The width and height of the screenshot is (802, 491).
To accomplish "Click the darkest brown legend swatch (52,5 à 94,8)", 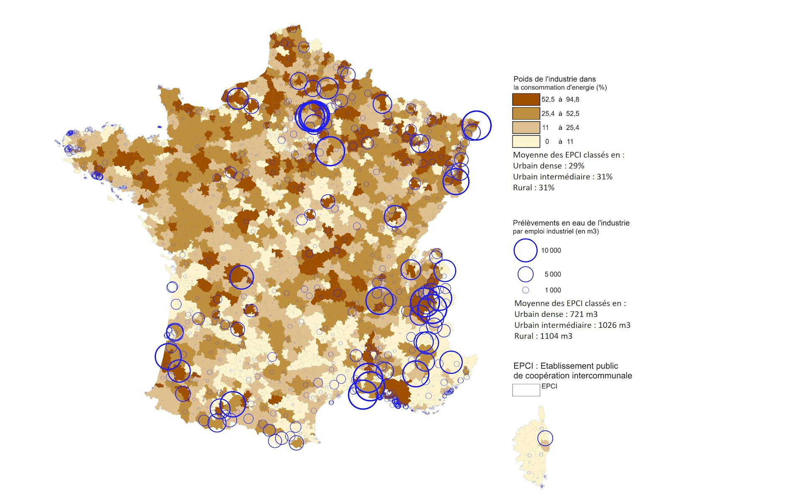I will [526, 99].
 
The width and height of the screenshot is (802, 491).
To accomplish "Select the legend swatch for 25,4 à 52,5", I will [526, 114].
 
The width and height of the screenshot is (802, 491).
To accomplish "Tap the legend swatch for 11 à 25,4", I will [526, 127].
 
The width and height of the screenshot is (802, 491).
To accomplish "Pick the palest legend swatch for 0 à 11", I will [526, 142].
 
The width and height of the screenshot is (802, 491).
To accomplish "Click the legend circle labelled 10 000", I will [525, 251].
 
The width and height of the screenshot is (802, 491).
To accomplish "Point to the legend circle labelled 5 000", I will [525, 274].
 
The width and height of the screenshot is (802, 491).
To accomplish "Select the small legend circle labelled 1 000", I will [525, 290].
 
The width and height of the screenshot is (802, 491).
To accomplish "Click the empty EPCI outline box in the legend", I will [526, 390].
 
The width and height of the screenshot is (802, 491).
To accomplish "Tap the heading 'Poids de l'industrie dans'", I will [554, 79].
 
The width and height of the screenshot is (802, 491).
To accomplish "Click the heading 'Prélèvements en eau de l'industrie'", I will [571, 223].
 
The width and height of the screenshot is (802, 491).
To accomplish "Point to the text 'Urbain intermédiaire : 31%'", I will [562, 177].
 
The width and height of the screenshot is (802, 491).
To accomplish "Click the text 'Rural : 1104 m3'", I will [543, 336].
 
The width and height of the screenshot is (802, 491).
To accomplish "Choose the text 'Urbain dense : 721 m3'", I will [556, 314].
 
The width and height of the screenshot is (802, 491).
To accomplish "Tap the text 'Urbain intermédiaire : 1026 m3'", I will [572, 325].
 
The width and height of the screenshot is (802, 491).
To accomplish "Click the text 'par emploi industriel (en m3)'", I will [556, 231].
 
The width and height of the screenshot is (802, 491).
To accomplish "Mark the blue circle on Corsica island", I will [545, 438].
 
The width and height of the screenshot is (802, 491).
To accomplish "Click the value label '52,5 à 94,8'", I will [560, 99].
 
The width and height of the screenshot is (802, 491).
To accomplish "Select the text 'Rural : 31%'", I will [533, 188].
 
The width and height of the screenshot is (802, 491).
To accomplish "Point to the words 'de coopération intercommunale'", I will [572, 376].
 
